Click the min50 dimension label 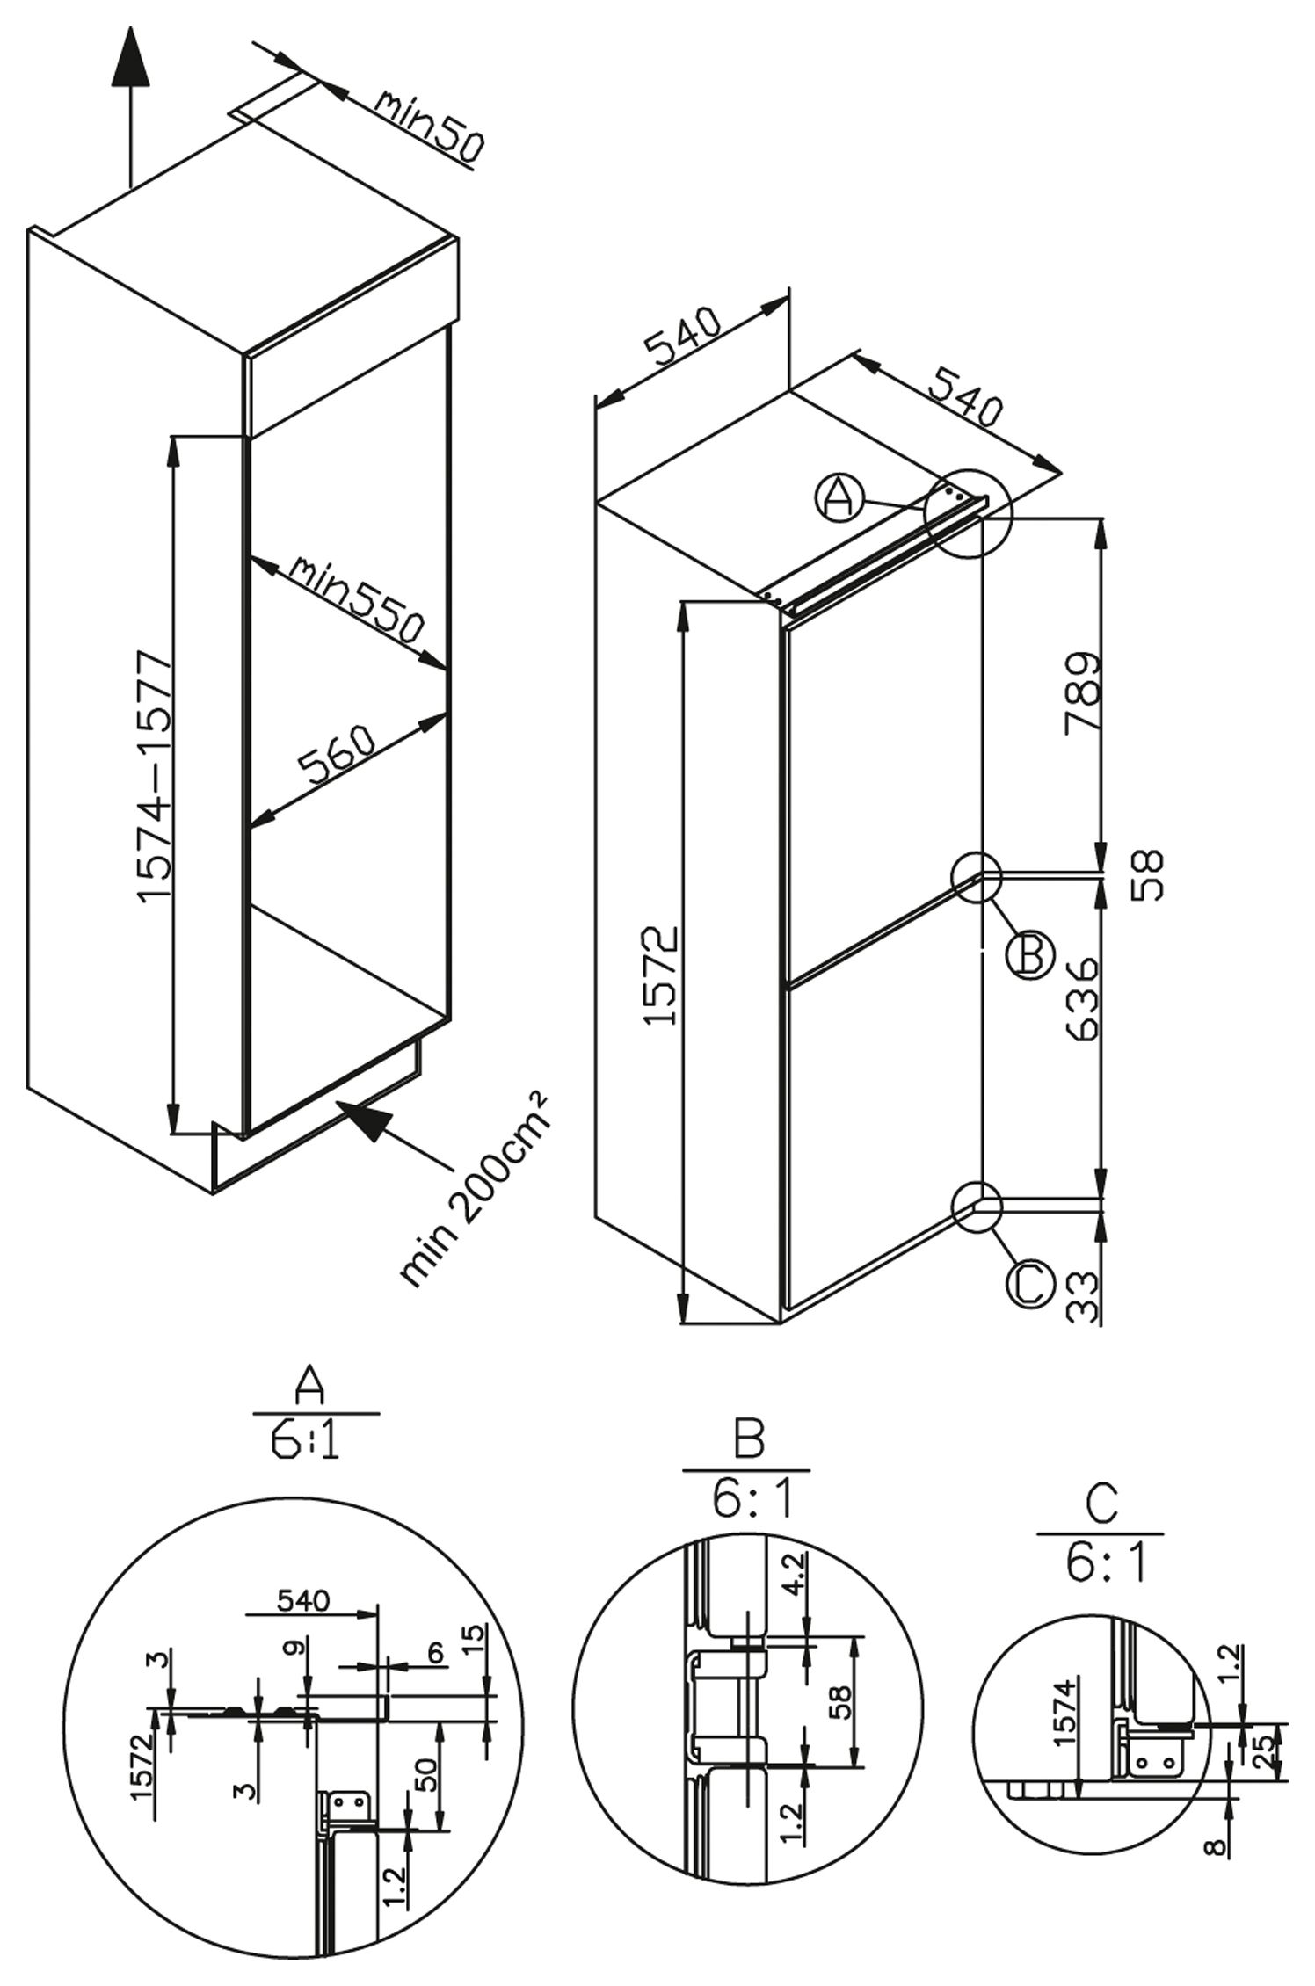coord(427,127)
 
